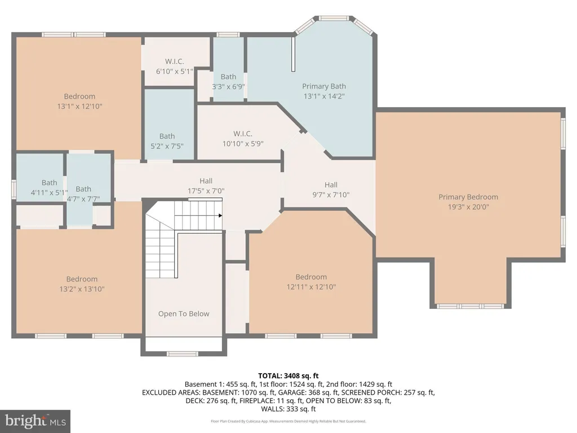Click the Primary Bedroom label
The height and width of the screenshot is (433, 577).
coord(468,197)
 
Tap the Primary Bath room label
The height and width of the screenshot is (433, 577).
coord(324,86)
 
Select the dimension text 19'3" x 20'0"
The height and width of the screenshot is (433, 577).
coord(468,207)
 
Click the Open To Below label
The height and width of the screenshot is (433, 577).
coord(184,313)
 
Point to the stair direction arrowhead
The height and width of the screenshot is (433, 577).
coord(220,215)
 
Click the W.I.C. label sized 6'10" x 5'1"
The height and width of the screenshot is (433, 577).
coord(175,61)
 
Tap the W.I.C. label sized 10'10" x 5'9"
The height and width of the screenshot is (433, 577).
coord(243,134)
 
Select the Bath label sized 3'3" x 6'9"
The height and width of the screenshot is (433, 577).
coord(229,77)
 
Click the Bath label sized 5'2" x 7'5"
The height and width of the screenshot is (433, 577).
coord(167,136)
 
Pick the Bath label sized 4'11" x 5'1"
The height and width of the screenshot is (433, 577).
coord(50,183)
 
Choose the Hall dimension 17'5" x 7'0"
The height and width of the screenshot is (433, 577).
coord(206,191)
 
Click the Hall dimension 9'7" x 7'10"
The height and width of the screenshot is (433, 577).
coord(331,195)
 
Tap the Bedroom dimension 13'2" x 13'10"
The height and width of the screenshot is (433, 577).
coord(82,289)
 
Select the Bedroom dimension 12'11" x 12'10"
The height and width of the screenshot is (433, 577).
coord(311,287)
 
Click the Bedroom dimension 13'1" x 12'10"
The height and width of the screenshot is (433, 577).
coord(79,107)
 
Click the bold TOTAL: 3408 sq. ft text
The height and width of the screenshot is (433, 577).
coord(288,376)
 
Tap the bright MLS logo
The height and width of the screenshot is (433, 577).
coord(35,421)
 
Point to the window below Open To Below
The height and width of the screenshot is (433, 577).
coord(183,354)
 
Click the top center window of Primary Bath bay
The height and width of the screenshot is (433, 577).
coord(334,18)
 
